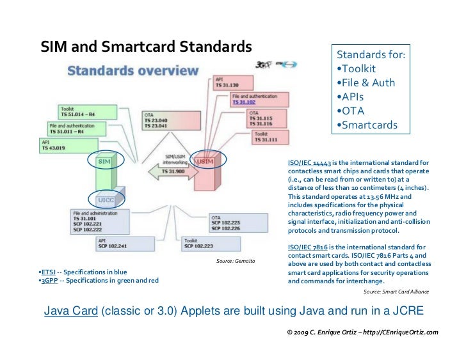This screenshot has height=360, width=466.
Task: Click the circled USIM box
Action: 206,162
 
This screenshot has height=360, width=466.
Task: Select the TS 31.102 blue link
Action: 245,102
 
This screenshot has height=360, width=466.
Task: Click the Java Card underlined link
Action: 70,311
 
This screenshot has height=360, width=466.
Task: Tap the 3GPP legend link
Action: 49,280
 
